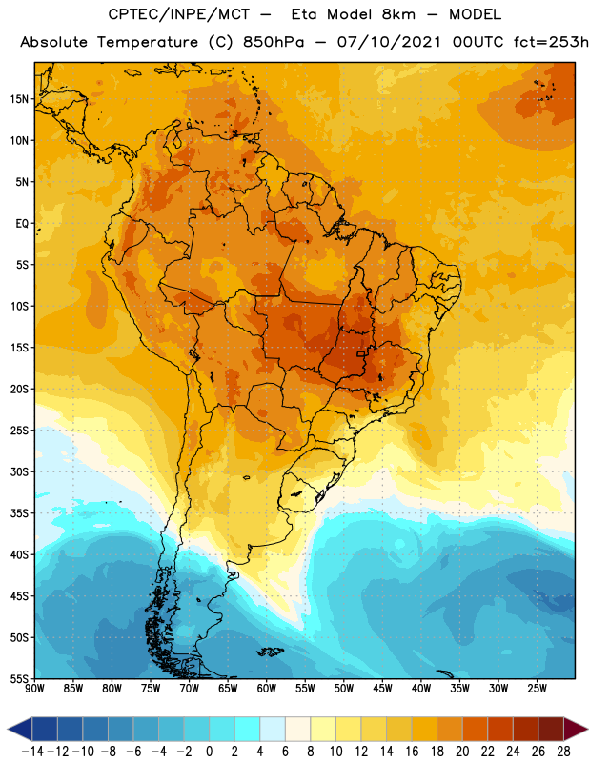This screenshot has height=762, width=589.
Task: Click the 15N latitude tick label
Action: (19, 99)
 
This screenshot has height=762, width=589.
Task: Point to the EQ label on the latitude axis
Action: (22, 224)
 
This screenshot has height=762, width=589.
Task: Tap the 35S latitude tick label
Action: (19, 513)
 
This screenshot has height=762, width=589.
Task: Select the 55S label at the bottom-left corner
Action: (19, 678)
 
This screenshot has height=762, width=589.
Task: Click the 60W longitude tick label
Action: (267, 689)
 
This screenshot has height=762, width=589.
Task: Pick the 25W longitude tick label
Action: (537, 689)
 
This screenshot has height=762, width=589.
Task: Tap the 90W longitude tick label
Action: (34, 689)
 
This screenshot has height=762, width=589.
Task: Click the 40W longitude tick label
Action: (421, 689)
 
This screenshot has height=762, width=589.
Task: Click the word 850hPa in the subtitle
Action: (274, 42)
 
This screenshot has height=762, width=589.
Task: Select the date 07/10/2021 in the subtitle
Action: (389, 42)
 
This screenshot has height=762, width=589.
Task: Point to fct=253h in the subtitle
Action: (551, 42)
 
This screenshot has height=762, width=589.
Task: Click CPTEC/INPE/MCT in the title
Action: (178, 14)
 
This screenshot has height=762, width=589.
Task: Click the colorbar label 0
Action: (209, 752)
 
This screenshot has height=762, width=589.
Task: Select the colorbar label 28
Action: (563, 752)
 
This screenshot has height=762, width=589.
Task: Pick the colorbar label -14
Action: (32, 752)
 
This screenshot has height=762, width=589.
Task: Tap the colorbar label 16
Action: (412, 752)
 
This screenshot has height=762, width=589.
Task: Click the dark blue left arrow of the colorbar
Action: (20, 729)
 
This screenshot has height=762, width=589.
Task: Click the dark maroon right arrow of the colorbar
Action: (576, 729)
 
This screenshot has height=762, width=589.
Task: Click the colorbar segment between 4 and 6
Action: (273, 729)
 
